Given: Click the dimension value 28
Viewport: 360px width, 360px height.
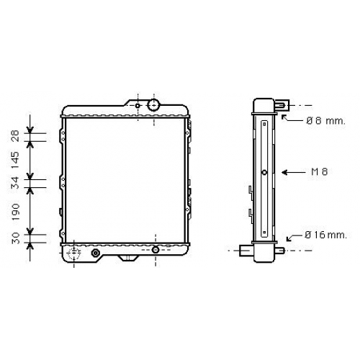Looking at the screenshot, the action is coord(15,136).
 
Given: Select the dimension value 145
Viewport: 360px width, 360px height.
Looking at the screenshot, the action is coord(15,160).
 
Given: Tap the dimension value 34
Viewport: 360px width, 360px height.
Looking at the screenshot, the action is coord(15,183).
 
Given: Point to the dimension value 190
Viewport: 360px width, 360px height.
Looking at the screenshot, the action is coord(16,212).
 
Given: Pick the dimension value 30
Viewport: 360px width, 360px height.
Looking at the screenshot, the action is coord(16,238).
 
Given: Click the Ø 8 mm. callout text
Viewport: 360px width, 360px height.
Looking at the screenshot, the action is coord(325,121).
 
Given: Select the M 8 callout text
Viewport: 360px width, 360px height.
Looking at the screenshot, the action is coord(320,172).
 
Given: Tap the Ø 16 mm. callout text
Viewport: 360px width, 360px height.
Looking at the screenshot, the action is coord(325,235).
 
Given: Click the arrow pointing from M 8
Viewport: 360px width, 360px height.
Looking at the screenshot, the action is coord(294,172).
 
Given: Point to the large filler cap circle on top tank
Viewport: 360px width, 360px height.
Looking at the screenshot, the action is coord(153,105).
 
